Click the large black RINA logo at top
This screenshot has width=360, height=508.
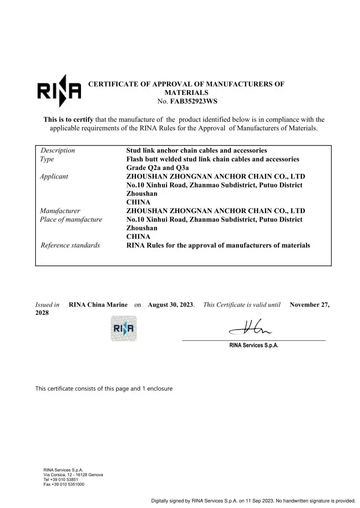pyautogui.click(x=58, y=91)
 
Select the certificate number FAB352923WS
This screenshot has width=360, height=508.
pyautogui.click(x=193, y=101)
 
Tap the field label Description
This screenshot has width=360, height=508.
pyautogui.click(x=58, y=151)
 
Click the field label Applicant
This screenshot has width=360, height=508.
pyautogui.click(x=54, y=176)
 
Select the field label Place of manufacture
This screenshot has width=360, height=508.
pyautogui.click(x=71, y=219)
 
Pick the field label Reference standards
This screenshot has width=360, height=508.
pyautogui.click(x=70, y=245)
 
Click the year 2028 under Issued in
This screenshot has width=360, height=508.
pyautogui.click(x=42, y=313)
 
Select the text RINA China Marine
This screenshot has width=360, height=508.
pyautogui.click(x=98, y=305)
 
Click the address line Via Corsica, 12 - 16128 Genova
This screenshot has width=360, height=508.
pyautogui.click(x=73, y=475)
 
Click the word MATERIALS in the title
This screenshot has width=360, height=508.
pyautogui.click(x=186, y=92)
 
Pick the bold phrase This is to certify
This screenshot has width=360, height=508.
pyautogui.click(x=68, y=120)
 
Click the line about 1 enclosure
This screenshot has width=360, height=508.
pyautogui.click(x=104, y=388)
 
